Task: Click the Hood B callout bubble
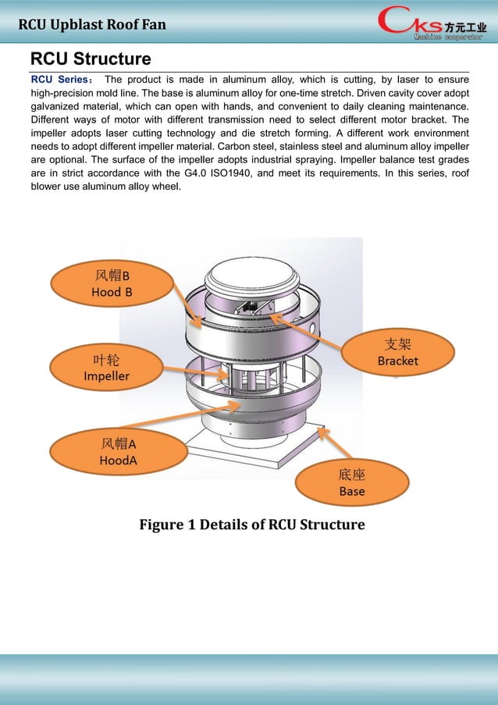tap(112, 283)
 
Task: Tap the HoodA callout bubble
tap(118, 452)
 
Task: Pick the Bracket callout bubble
tap(397, 352)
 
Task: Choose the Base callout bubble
tap(351, 482)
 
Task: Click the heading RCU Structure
tap(91, 59)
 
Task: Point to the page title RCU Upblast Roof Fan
tap(92, 24)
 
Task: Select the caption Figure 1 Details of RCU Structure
tap(251, 524)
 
